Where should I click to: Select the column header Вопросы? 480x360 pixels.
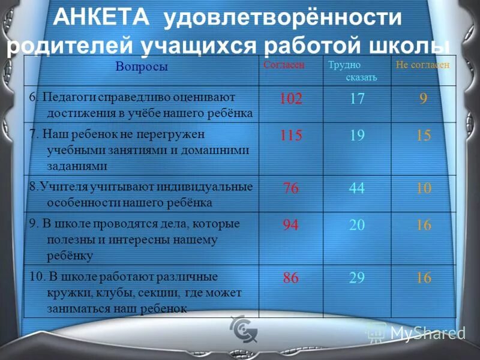142,67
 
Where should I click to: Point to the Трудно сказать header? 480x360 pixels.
353,71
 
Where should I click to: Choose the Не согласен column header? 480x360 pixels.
422,65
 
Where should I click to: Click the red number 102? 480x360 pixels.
290,98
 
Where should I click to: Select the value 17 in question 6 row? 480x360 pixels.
357,98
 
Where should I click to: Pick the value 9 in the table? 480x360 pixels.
424,98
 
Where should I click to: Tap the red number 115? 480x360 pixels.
290,136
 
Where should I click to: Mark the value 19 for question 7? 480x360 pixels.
357,136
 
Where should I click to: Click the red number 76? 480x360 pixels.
290,188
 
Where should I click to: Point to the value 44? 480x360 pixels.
357,188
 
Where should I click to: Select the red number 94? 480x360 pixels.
290,225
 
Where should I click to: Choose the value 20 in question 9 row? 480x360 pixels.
357,225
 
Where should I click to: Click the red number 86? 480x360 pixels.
290,278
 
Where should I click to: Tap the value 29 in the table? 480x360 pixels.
357,278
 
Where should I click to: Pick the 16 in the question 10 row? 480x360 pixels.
424,278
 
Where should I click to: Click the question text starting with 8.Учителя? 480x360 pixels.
142,194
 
